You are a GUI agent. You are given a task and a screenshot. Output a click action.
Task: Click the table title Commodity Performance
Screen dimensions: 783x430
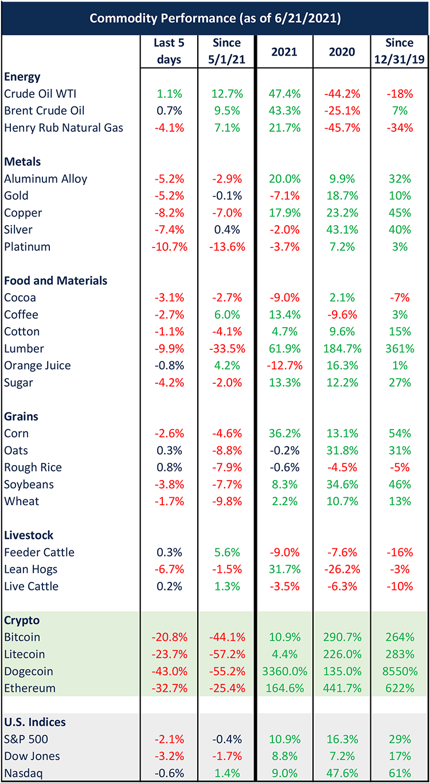(215, 18)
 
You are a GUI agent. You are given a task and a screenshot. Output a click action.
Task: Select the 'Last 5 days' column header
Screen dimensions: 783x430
(169, 51)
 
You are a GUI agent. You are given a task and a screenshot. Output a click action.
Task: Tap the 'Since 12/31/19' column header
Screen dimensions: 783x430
(399, 51)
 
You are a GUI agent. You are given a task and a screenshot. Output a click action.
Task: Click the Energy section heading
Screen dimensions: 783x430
(22, 77)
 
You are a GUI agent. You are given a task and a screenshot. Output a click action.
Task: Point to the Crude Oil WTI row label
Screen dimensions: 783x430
(41, 94)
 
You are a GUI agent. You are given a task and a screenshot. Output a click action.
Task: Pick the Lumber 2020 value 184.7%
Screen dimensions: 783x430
(341, 348)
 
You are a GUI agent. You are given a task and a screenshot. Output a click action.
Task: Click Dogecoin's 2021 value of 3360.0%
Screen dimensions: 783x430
(284, 671)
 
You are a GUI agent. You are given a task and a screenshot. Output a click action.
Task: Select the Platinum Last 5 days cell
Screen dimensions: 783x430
(169, 247)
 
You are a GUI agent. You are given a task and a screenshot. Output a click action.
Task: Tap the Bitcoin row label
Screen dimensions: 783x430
(22, 637)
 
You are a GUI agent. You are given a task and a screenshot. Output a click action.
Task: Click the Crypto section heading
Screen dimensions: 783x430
(21, 620)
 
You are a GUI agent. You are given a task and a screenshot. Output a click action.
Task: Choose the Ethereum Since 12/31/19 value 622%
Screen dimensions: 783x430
(399, 688)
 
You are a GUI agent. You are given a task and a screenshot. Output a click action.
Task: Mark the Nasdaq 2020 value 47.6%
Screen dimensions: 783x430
(341, 773)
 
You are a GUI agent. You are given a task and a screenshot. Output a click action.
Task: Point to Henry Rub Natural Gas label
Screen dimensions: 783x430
(64, 128)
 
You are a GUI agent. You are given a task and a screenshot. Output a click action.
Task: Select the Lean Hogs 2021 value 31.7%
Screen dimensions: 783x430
(284, 569)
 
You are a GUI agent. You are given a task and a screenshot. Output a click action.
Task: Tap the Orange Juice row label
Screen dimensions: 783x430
(37, 365)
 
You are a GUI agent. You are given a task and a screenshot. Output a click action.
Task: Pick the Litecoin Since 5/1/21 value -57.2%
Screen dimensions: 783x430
(226, 654)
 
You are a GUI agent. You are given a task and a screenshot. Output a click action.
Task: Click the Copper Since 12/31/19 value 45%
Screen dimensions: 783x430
(399, 213)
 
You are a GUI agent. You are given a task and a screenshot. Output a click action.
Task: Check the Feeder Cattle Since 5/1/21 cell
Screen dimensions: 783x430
(226, 552)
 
